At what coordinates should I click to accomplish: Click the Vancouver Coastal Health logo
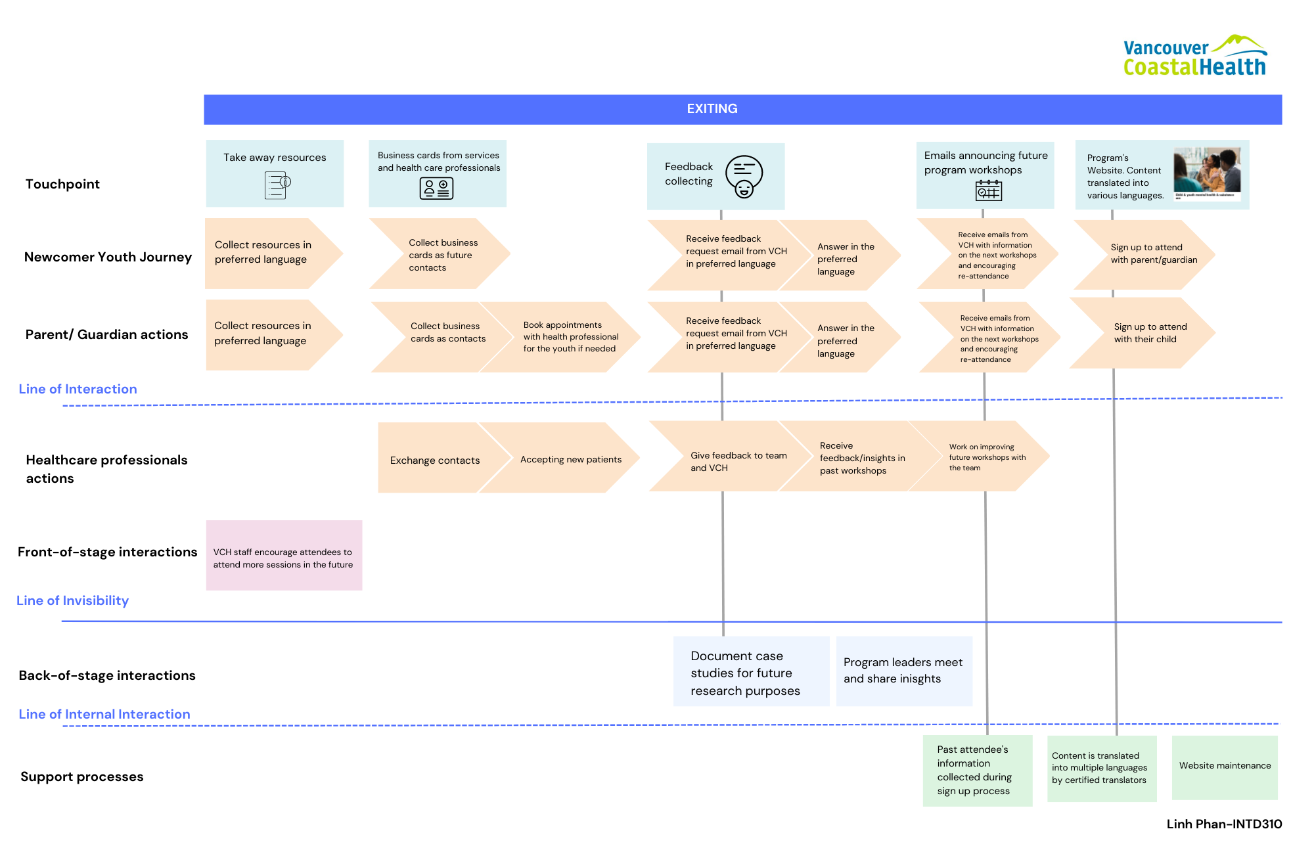(1195, 56)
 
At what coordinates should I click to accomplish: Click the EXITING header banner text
(712, 109)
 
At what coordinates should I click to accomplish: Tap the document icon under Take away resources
(277, 185)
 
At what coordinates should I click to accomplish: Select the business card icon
(436, 189)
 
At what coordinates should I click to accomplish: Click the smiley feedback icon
(744, 176)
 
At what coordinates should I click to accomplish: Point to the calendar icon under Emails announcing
(988, 190)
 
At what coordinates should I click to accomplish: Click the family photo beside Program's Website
(1207, 173)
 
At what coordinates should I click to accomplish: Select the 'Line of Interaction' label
(78, 389)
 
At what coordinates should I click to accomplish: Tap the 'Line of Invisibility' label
(72, 600)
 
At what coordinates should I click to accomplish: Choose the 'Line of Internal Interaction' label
(104, 714)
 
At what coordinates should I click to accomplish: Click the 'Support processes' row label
(81, 776)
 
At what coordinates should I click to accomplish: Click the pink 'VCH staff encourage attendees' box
(284, 555)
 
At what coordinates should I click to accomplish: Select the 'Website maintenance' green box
(1225, 767)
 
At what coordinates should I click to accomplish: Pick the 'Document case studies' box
(751, 671)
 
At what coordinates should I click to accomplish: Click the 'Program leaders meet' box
(904, 671)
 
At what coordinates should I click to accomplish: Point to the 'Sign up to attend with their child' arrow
(1143, 333)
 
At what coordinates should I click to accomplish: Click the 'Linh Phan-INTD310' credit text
(1224, 824)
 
